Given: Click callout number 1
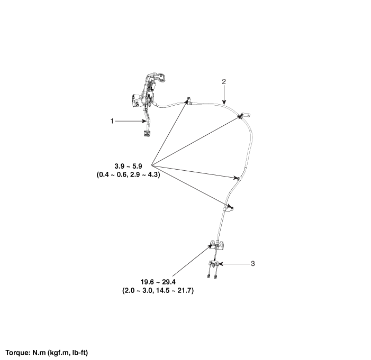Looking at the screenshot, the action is pos(112,121).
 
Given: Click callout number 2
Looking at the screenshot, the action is pos(224,81).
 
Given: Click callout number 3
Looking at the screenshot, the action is pos(252,264).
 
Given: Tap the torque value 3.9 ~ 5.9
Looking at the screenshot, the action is pos(128,166).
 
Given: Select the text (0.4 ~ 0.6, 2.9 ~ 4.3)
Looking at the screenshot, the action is pos(128,174).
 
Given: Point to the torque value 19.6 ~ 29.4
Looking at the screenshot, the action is pos(158,282).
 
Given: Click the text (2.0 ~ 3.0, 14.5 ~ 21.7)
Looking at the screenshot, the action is pos(158,290).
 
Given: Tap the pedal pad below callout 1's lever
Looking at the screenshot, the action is pos(147,133).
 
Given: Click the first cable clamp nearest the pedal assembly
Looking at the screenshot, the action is pos(188,100).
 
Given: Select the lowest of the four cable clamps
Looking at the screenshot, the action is pos(229,208).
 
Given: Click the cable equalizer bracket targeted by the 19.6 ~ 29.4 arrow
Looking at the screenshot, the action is pos(217,245).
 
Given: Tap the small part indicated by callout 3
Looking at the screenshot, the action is pos(214,264).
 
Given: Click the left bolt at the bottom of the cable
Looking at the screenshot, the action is pos(209,276).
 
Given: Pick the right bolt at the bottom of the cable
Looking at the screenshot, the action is pos(215,276).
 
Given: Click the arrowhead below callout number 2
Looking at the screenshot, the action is pos(224,102).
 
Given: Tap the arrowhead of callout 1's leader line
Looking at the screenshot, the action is pos(144,121).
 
